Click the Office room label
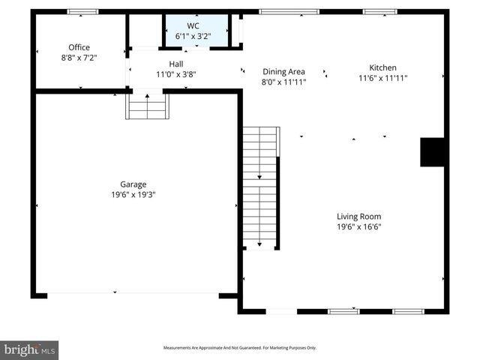click(x=79, y=47)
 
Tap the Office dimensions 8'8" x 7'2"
click(x=79, y=57)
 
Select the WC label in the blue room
click(x=193, y=25)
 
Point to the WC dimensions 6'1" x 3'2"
click(x=193, y=35)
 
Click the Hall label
click(x=175, y=64)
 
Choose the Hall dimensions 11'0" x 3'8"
click(x=175, y=74)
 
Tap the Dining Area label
click(x=283, y=72)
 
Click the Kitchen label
click(x=382, y=67)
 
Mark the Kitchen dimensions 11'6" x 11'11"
click(x=382, y=77)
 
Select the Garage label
click(x=133, y=184)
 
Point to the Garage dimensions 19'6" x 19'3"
click(x=133, y=194)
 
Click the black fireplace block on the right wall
click(x=433, y=152)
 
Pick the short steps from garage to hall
click(x=147, y=106)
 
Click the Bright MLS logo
click(x=29, y=349)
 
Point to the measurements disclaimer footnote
click(x=240, y=348)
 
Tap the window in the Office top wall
click(x=82, y=12)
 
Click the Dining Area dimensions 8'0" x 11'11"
click(x=283, y=82)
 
